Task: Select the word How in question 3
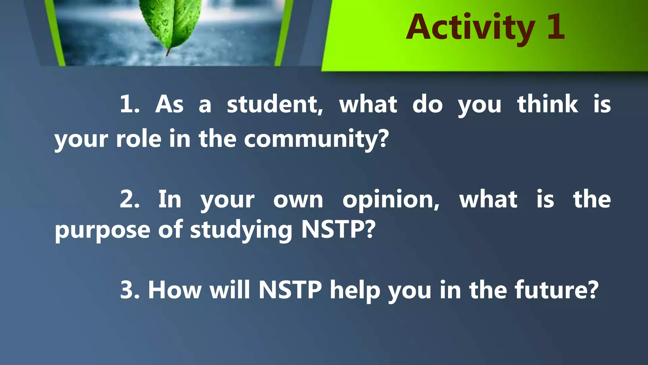[174, 290]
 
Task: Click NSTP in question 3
[290, 290]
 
